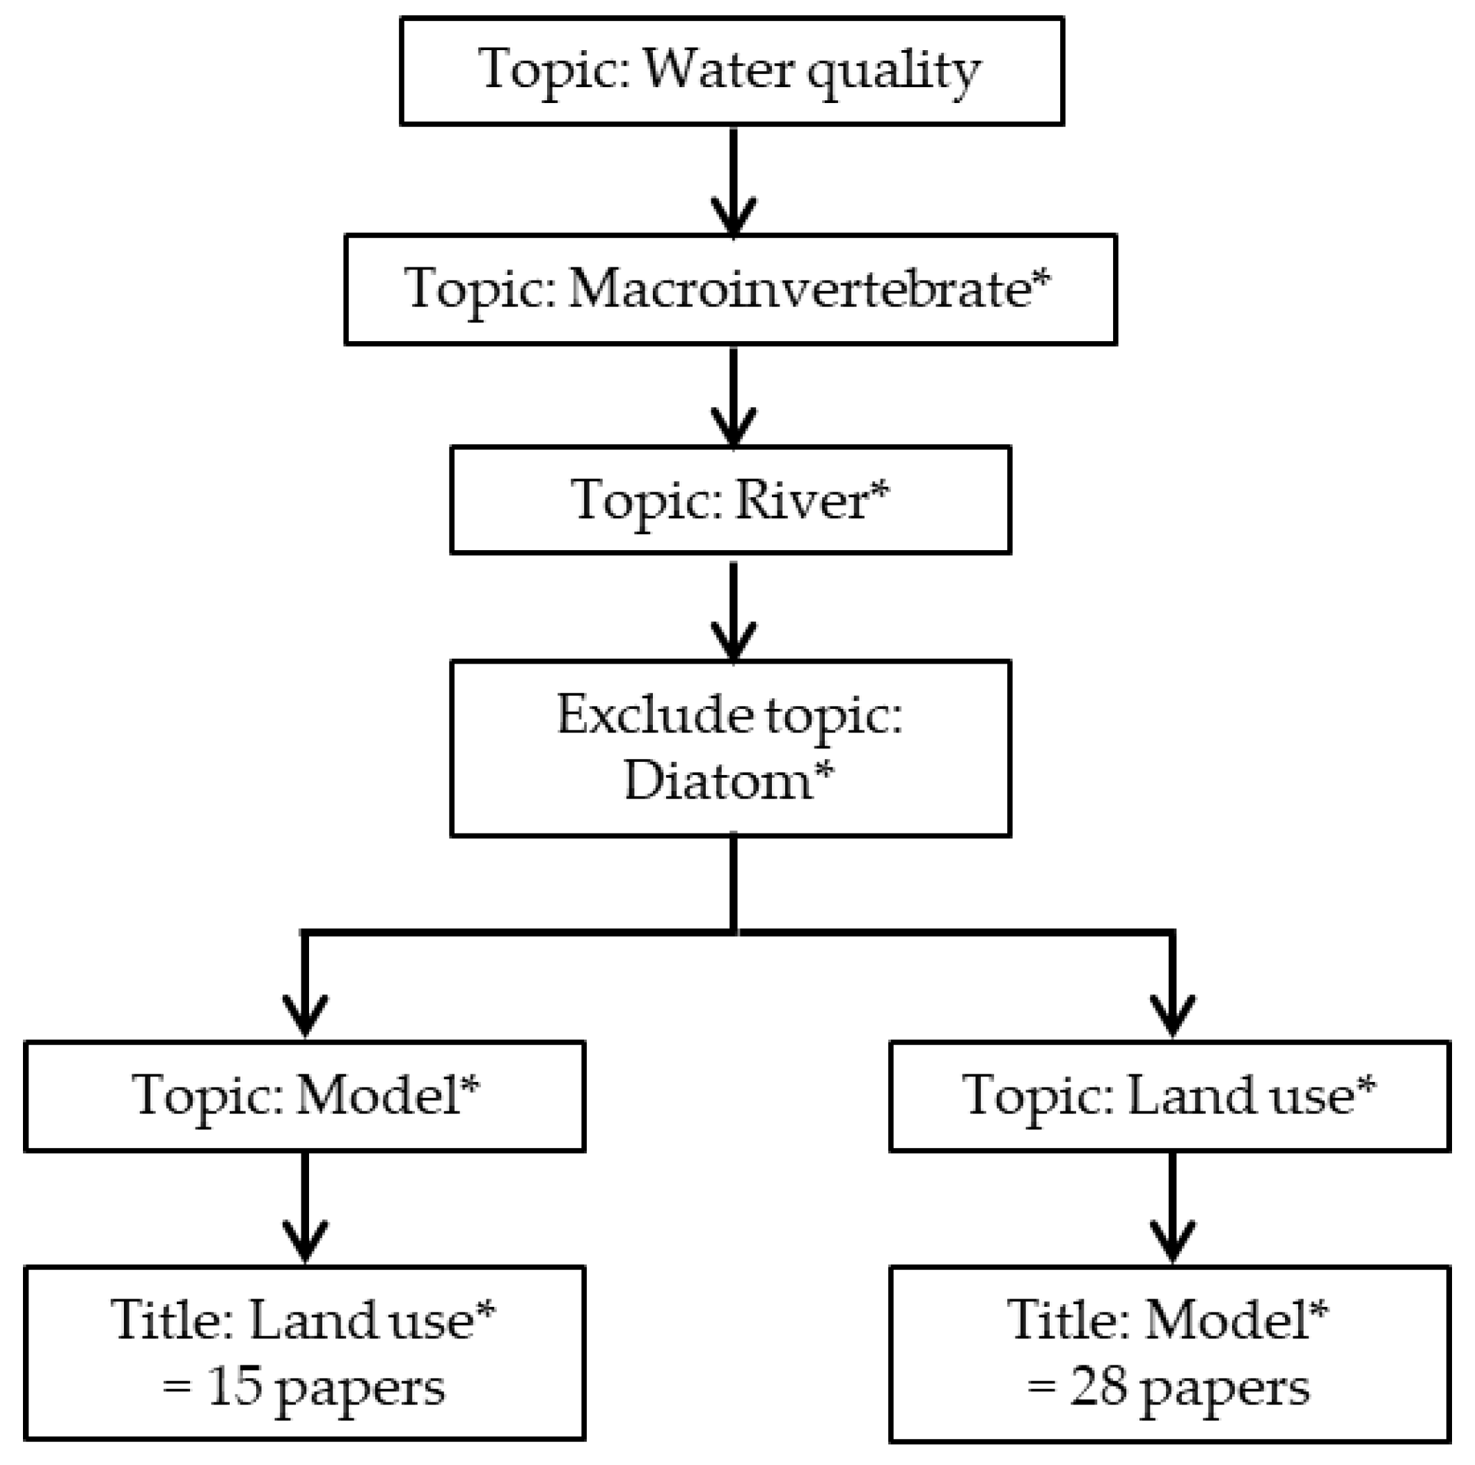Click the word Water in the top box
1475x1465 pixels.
[718, 70]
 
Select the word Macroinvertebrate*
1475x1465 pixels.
[810, 290]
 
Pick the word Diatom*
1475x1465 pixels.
[729, 781]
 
